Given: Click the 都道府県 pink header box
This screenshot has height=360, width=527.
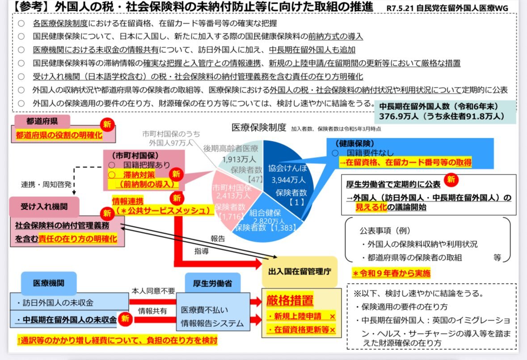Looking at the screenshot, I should pyautogui.click(x=42, y=121).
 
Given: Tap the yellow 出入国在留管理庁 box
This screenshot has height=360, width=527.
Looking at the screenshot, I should pyautogui.click(x=299, y=271).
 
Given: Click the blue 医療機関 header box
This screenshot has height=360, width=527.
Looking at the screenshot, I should pyautogui.click(x=49, y=283).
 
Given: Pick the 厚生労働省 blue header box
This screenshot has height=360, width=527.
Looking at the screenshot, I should pyautogui.click(x=212, y=283).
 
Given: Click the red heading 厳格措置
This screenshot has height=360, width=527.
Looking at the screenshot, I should pyautogui.click(x=290, y=301).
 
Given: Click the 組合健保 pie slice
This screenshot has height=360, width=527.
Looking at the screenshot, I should pyautogui.click(x=264, y=217).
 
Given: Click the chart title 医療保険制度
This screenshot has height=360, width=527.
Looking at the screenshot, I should pyautogui.click(x=258, y=127).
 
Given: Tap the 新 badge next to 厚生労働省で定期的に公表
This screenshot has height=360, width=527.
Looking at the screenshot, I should pyautogui.click(x=452, y=180).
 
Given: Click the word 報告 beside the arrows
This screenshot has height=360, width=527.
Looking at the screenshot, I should pyautogui.click(x=218, y=238).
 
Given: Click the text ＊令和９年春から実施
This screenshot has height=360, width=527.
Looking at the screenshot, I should pyautogui.click(x=391, y=273).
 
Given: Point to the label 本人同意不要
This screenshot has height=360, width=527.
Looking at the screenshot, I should pyautogui.click(x=153, y=291).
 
